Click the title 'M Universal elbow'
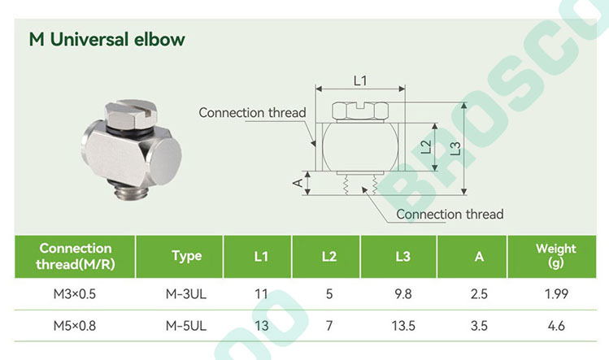point(107,40)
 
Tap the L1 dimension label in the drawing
point(360,80)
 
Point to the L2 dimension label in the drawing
point(426,147)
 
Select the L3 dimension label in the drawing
point(455,149)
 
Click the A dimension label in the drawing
point(298,183)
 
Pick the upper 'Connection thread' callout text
point(252,113)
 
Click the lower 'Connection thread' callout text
point(450,214)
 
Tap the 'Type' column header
point(187,256)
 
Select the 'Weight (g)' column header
point(556,255)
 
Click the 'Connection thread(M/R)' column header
point(76,256)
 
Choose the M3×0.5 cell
point(75,294)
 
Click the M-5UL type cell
point(186,325)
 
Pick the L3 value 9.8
point(402,294)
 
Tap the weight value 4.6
point(556,325)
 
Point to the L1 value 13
point(261,325)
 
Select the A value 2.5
point(479,294)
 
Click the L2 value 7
point(329,325)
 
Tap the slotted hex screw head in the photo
point(131,114)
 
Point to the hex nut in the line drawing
point(360,111)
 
